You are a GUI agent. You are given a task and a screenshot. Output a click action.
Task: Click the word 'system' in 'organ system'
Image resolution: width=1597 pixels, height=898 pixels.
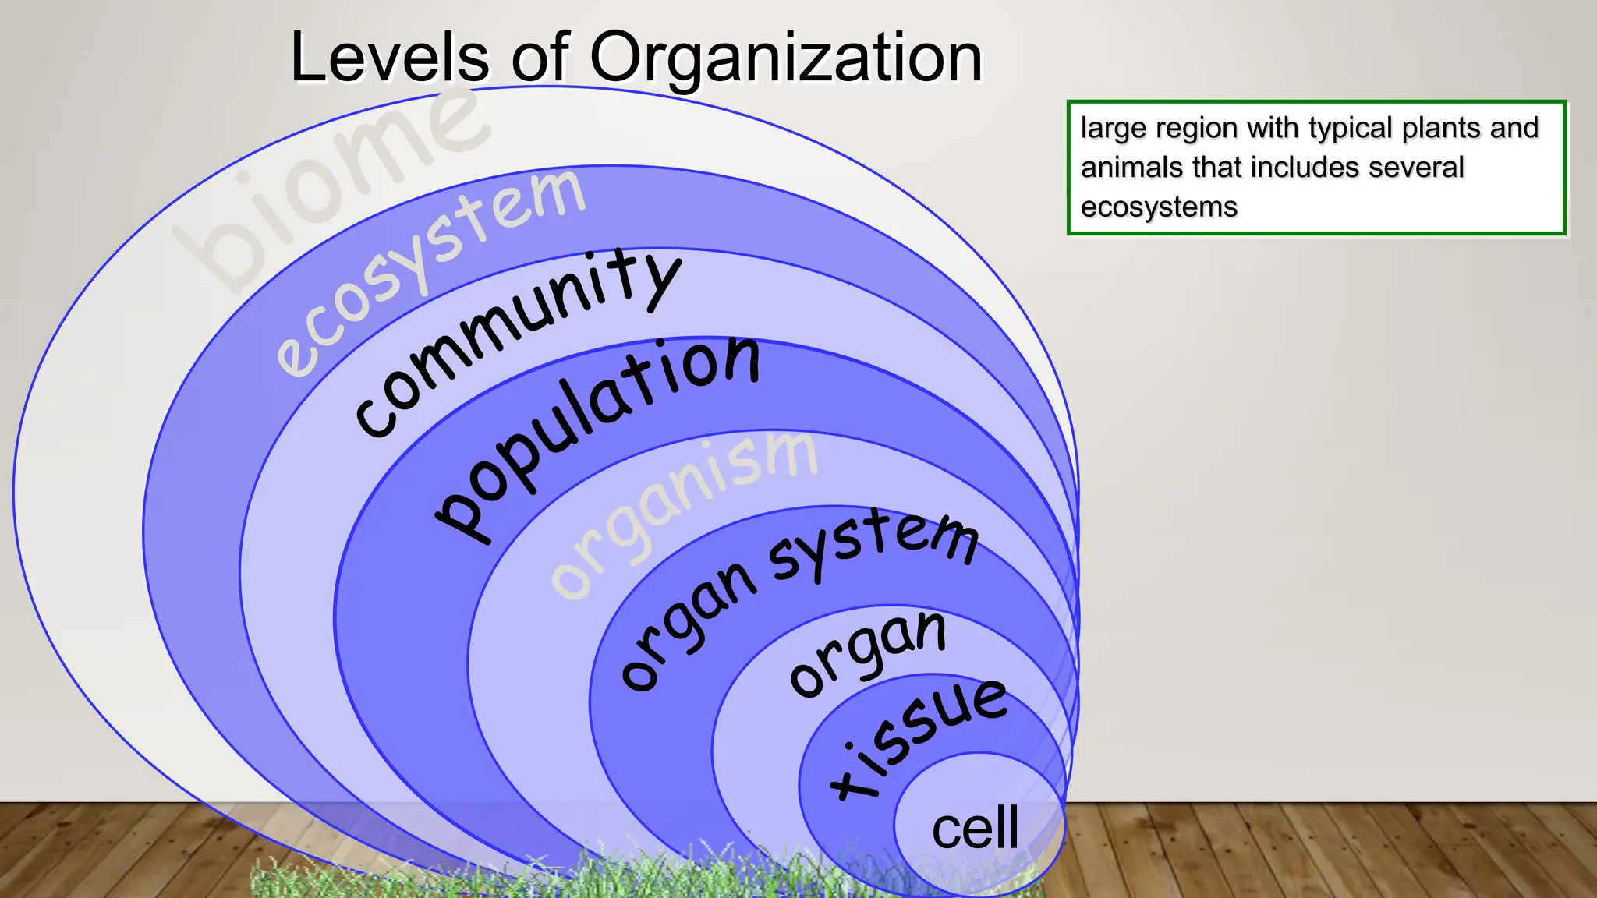(873, 543)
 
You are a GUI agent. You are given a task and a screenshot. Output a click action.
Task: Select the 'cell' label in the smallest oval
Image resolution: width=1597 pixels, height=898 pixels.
(975, 828)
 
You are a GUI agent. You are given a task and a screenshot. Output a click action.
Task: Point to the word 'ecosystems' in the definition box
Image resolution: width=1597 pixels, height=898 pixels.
(1159, 207)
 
